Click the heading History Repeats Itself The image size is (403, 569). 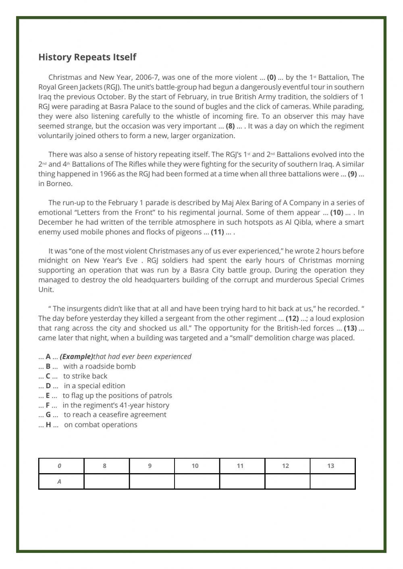point(87,57)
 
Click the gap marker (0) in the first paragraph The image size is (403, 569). point(271,77)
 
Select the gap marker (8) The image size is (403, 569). point(230,126)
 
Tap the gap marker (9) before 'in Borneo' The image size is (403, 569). point(352,174)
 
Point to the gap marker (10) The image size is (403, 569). point(337,213)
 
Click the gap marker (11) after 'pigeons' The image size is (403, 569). point(217,232)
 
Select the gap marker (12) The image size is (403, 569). point(292,319)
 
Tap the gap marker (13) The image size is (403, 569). point(350,328)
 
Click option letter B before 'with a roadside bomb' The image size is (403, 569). point(48,366)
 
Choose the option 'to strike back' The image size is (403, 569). point(85,376)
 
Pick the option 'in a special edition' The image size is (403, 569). point(94,386)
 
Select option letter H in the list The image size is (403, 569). point(48,425)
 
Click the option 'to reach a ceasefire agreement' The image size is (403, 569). point(115,415)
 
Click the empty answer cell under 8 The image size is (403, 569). point(104,481)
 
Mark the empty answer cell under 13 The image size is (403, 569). point(330,481)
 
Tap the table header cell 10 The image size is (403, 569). point(195,466)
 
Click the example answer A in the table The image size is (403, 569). point(59,481)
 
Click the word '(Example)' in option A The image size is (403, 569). point(76,357)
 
